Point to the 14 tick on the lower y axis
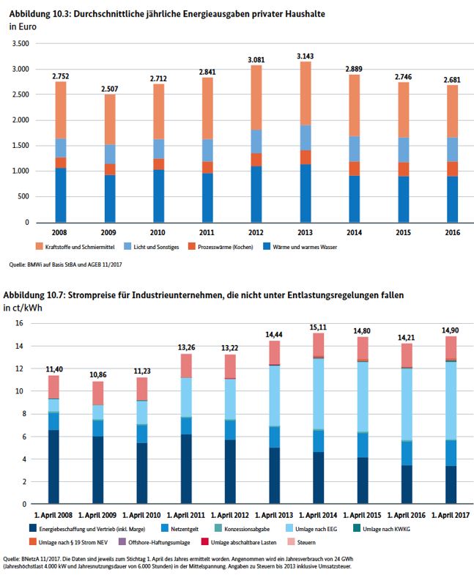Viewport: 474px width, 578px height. tap(21, 346)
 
